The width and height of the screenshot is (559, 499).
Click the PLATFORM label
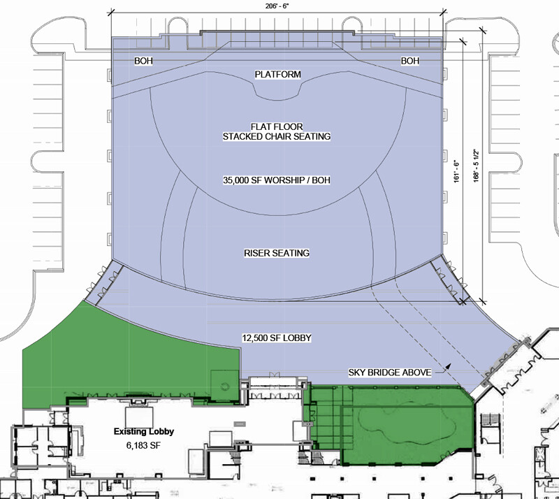pos(277,75)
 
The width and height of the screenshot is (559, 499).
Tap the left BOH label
pos(143,61)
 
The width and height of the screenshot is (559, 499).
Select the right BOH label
pos(410,61)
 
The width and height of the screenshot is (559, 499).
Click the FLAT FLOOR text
pos(277,126)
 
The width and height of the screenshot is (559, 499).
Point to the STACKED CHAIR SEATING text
pos(277,136)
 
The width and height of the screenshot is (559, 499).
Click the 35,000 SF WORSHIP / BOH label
pos(277,180)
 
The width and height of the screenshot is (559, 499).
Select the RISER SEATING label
pos(277,253)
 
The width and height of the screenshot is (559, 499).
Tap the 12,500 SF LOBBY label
pos(277,338)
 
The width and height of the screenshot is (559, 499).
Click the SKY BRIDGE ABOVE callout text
pos(390,373)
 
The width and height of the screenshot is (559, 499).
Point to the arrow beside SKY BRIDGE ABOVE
pos(442,369)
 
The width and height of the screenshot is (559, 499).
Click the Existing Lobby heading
pos(144,432)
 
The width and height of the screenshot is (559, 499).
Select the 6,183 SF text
pos(143,445)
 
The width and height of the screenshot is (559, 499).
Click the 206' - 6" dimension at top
pos(277,6)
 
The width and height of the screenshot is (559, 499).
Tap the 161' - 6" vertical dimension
pos(457,171)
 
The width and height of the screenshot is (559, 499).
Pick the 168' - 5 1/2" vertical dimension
pos(477,166)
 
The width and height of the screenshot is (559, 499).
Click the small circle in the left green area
pos(224,386)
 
